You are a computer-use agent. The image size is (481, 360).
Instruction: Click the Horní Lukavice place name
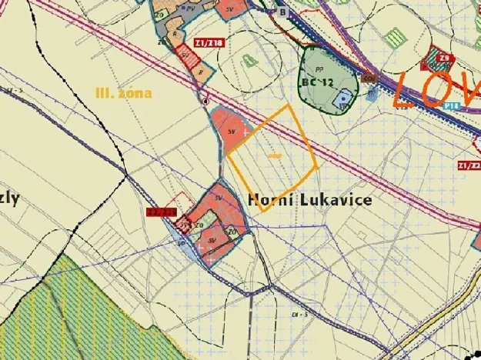point(310,200)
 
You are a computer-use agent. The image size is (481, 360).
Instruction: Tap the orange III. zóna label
point(123,93)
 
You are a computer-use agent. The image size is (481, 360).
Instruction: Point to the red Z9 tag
point(444,58)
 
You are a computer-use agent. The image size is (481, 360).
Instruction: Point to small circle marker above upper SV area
point(205,101)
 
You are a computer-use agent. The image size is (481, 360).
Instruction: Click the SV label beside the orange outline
point(231,132)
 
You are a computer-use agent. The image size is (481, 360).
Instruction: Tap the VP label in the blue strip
point(182,243)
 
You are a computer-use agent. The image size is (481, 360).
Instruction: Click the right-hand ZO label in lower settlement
point(231,230)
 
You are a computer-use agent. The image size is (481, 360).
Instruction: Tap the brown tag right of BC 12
point(369,78)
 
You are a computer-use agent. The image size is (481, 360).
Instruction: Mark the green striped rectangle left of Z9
point(396,37)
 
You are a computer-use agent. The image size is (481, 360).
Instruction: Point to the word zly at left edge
point(10,198)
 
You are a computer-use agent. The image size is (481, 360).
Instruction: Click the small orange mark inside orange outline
point(275,156)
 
